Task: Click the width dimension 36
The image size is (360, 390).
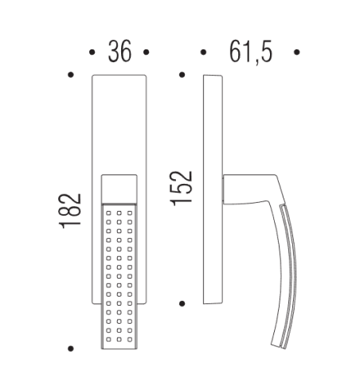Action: pyautogui.click(x=119, y=53)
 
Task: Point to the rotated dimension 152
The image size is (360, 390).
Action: pyautogui.click(x=182, y=188)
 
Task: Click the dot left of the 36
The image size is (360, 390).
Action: pyautogui.click(x=92, y=53)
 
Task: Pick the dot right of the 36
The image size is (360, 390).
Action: pyautogui.click(x=147, y=53)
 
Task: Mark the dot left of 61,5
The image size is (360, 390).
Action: pyautogui.click(x=204, y=53)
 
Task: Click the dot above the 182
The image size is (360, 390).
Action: pyautogui.click(x=72, y=76)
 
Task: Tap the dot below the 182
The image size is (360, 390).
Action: pyautogui.click(x=72, y=348)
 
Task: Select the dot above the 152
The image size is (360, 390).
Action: pyautogui.click(x=182, y=76)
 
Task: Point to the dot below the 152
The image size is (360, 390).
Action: pyautogui.click(x=182, y=302)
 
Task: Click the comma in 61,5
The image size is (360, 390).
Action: pyautogui.click(x=255, y=60)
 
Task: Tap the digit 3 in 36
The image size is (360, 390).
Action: pyautogui.click(x=113, y=53)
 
